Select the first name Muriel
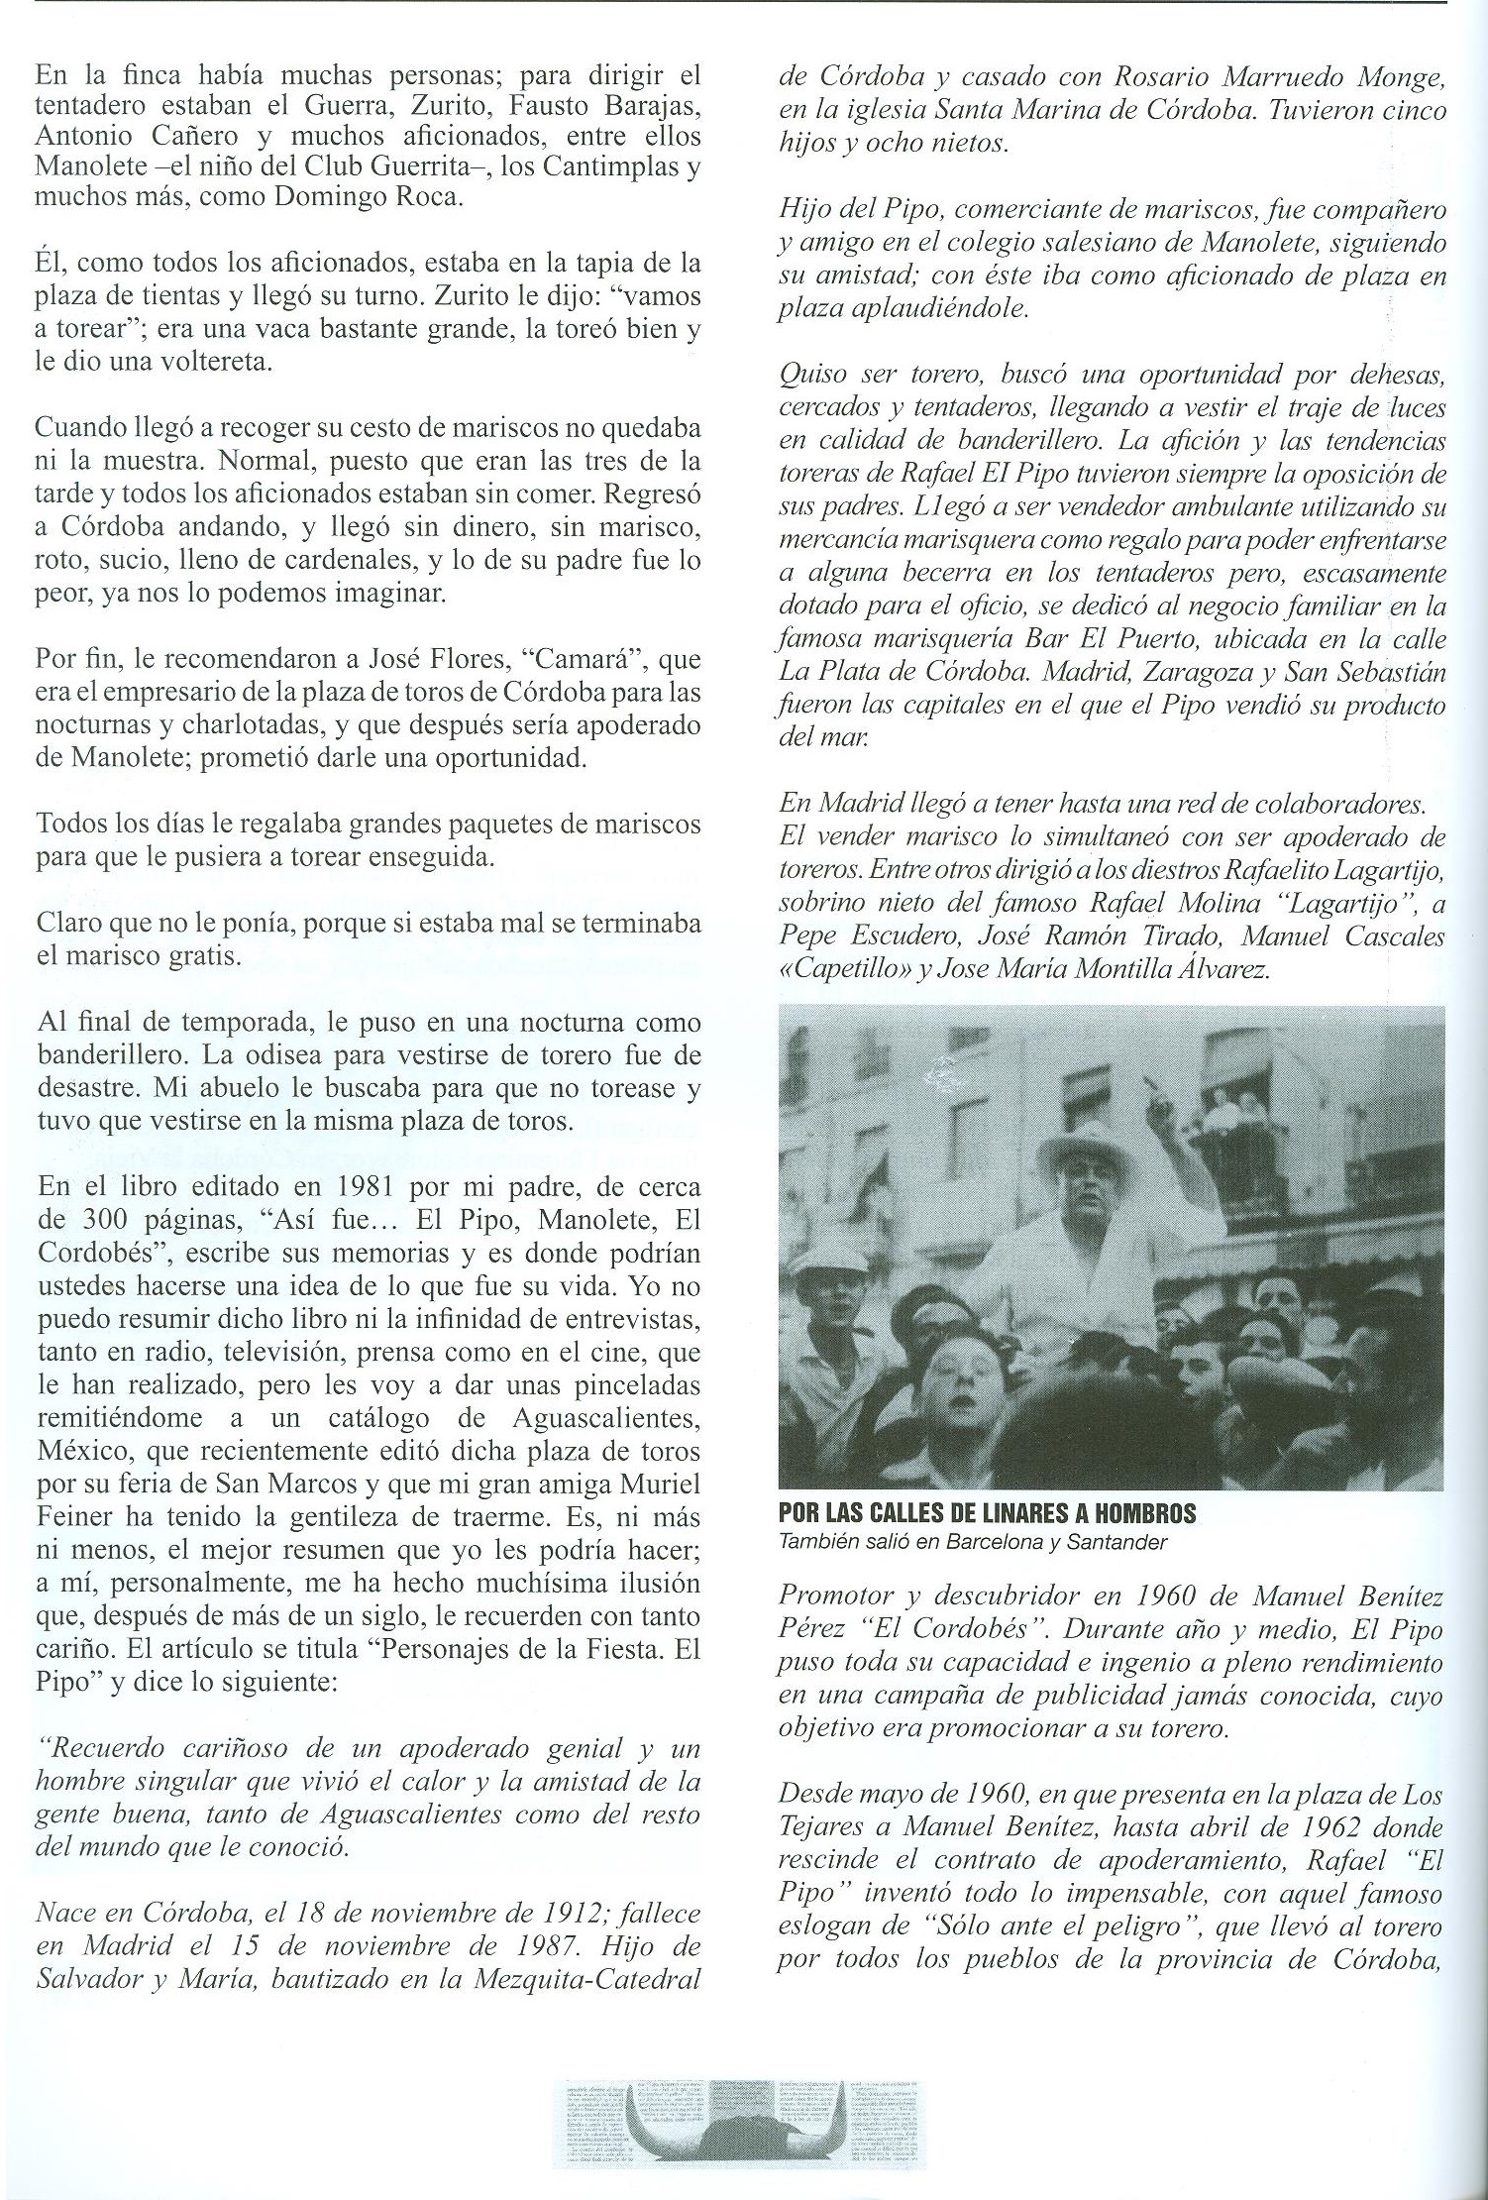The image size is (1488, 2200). coord(657,1485)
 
